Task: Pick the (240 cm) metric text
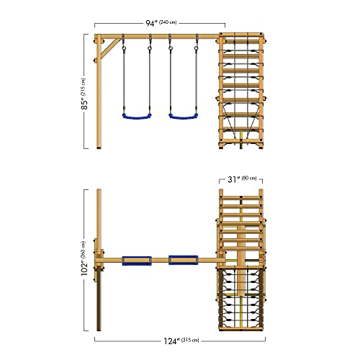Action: [168, 22]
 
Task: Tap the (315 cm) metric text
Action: [190, 340]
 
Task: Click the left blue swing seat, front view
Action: [137, 117]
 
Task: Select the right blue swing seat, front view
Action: [184, 117]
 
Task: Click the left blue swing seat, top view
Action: [137, 261]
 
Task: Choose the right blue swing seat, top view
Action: [184, 260]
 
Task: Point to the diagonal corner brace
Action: [110, 48]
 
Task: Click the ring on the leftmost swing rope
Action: [124, 48]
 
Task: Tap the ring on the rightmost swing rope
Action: [197, 48]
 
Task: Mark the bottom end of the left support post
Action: [99, 148]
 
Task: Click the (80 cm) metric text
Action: [249, 179]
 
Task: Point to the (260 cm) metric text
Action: [83, 250]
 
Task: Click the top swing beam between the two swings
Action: [160, 37]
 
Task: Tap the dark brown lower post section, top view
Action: [99, 300]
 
